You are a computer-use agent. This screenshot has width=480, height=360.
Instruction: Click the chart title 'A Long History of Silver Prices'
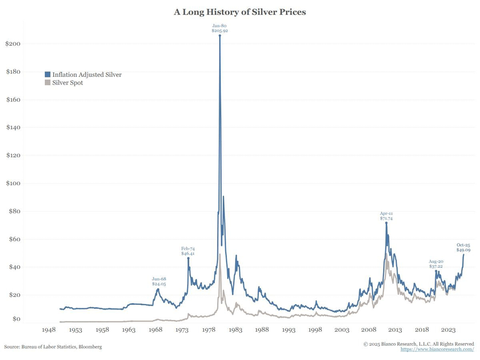pyautogui.click(x=240, y=12)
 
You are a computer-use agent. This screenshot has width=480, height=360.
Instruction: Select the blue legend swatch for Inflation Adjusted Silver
pyautogui.click(x=48, y=75)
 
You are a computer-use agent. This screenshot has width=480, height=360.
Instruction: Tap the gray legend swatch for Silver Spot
pyautogui.click(x=48, y=83)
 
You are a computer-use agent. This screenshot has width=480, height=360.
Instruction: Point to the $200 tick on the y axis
pyautogui.click(x=13, y=44)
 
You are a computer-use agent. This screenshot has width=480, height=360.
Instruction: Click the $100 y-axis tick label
pyautogui.click(x=13, y=183)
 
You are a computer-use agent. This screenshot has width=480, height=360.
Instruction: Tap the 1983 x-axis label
pyautogui.click(x=235, y=330)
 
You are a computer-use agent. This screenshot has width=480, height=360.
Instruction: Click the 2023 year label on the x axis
pyautogui.click(x=449, y=330)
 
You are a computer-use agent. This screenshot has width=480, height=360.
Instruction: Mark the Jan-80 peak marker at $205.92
pyautogui.click(x=220, y=36)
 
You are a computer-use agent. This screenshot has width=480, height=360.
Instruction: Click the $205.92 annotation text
pyautogui.click(x=220, y=31)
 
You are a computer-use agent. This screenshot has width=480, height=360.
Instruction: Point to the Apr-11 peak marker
pyautogui.click(x=386, y=223)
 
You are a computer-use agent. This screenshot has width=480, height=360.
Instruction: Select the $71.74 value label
pyautogui.click(x=387, y=219)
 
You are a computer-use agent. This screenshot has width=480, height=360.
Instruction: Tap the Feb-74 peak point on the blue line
pyautogui.click(x=188, y=258)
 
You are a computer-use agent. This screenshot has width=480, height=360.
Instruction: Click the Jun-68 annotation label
pyautogui.click(x=159, y=279)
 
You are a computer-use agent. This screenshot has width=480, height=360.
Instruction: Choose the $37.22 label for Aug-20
pyautogui.click(x=436, y=266)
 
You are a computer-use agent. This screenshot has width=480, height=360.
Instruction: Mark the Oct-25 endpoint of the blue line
pyautogui.click(x=463, y=254)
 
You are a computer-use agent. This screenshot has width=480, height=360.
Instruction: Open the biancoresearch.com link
pyautogui.click(x=437, y=349)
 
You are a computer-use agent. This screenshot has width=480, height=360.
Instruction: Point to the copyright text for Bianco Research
pyautogui.click(x=419, y=344)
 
